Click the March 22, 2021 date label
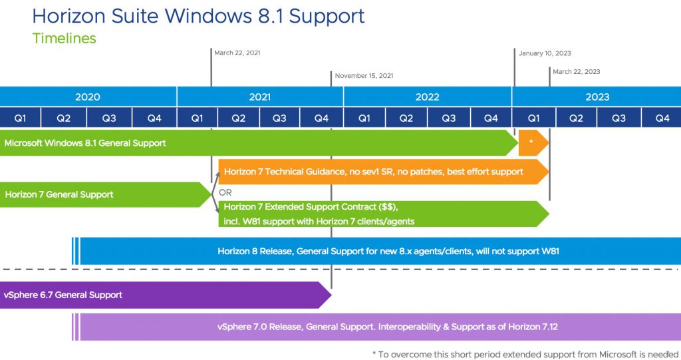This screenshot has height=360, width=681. tap(237, 53)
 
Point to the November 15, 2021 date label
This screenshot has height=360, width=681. tap(364, 76)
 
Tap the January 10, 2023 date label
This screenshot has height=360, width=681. tap(545, 53)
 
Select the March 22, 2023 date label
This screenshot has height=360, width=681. tap(577, 72)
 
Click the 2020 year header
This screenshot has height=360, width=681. tap(88, 97)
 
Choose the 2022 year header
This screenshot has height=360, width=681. tap(428, 97)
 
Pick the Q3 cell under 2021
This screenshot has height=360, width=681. tap(279, 118)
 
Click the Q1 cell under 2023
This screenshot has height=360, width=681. tap(534, 118)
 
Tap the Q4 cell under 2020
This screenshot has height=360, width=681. tap(154, 118)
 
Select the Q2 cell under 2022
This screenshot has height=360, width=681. tap(406, 118)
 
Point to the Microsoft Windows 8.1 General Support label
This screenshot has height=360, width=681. tap(85, 143)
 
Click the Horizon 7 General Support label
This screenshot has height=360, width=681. tap(59, 194)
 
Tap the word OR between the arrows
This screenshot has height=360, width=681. tap(225, 192)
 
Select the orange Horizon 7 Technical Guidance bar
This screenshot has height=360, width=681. tap(384, 172)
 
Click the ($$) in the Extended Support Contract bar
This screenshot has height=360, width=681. tap(388, 207)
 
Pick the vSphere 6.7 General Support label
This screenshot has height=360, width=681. tap(63, 295)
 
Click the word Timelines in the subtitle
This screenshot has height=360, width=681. tap(65, 38)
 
